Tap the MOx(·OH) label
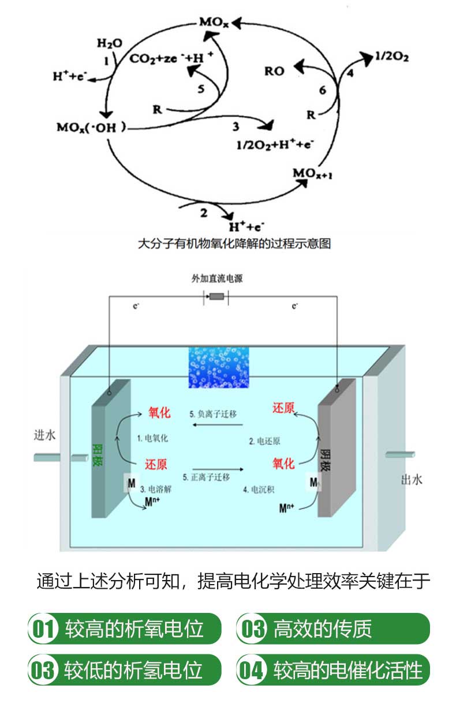[91, 127]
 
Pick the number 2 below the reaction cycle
[203, 213]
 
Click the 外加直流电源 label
[217, 278]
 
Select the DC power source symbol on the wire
[216, 296]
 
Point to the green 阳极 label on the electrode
[99, 454]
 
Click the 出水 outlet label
[411, 479]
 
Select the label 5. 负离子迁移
[213, 414]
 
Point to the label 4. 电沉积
[262, 490]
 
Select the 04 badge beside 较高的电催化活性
[252, 670]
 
